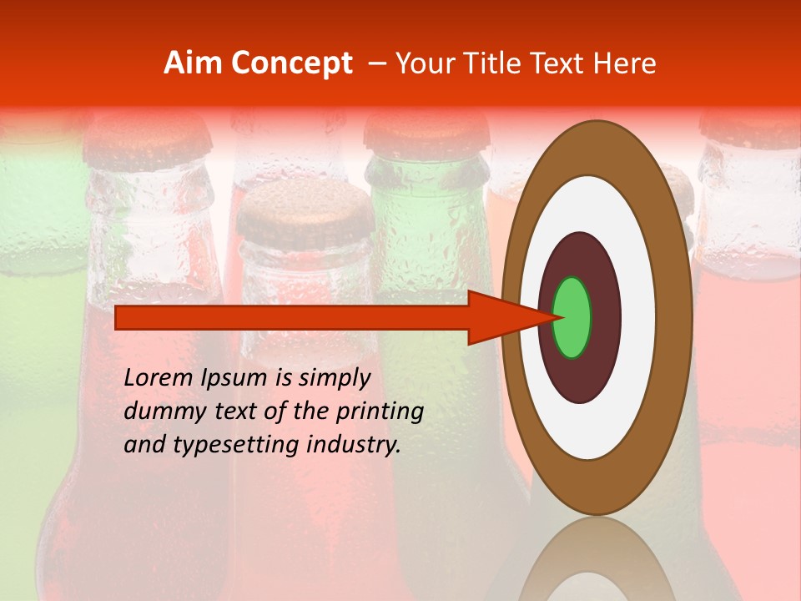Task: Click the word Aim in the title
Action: pos(193,63)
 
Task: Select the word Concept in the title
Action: pos(291,63)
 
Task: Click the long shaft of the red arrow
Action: pos(292,317)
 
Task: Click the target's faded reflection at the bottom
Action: pos(597,559)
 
